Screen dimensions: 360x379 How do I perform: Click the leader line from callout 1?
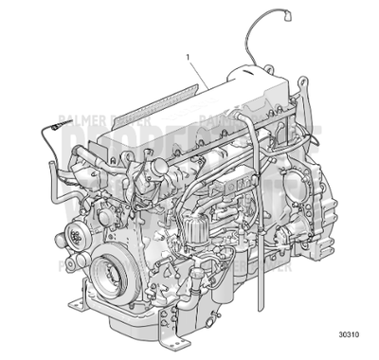coord(199,72)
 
